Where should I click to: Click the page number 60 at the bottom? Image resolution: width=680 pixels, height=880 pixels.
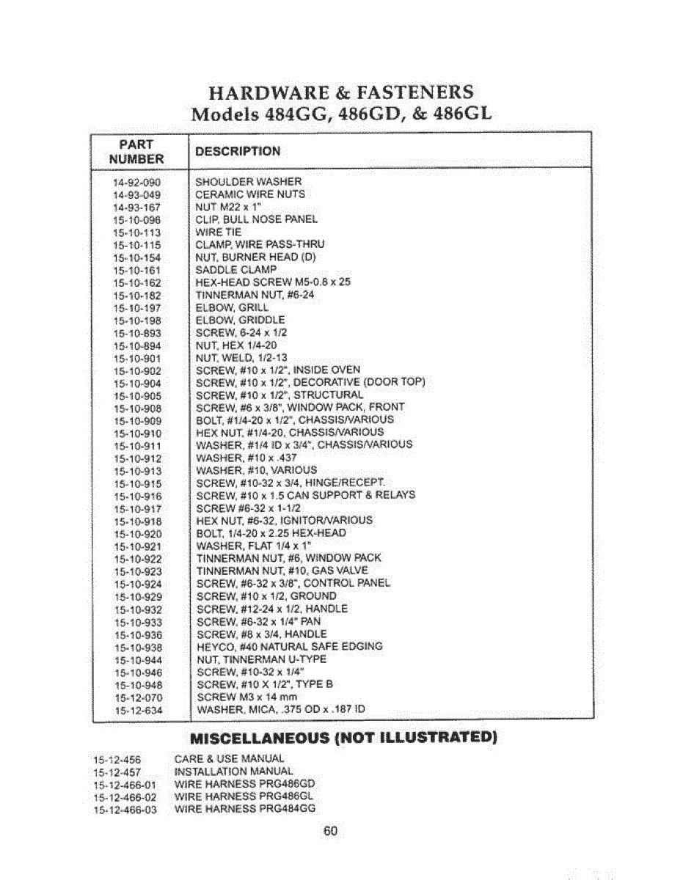click(x=330, y=832)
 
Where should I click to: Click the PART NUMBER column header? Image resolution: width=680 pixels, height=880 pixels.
click(x=136, y=152)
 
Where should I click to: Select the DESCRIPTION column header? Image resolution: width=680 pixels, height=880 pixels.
click(x=238, y=152)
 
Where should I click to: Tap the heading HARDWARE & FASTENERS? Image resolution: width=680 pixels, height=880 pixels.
click(x=341, y=93)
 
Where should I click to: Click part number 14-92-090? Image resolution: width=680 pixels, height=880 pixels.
click(x=137, y=182)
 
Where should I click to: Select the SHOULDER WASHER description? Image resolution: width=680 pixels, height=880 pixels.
click(x=249, y=182)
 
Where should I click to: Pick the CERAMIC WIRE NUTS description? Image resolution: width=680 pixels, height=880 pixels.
click(x=250, y=194)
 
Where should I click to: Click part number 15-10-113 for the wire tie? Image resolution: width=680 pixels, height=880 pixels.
click(x=137, y=232)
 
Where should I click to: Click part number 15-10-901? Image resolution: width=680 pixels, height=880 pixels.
click(x=137, y=358)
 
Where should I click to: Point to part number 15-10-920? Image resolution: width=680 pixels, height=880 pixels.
click(x=137, y=534)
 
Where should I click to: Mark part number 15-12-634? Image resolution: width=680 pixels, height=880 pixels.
click(x=137, y=710)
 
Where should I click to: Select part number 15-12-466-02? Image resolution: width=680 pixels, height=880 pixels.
click(x=125, y=797)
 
